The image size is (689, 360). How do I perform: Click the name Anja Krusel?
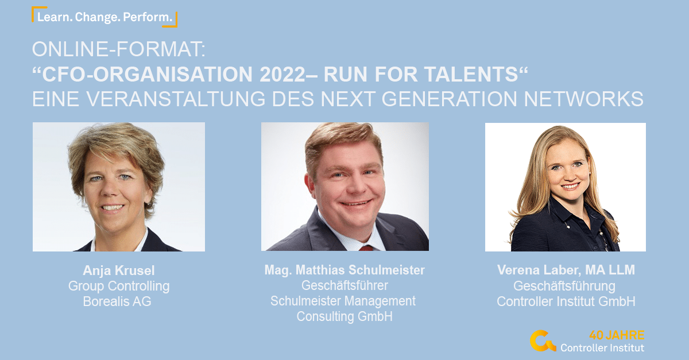tap(119, 271)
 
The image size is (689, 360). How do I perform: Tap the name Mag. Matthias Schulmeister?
tap(344, 270)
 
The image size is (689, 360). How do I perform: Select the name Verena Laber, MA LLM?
tap(566, 270)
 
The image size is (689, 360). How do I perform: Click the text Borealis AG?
tap(117, 301)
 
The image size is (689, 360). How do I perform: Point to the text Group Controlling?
tap(119, 287)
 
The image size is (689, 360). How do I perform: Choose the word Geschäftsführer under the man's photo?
tap(344, 285)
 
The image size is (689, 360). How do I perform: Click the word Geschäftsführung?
tap(564, 287)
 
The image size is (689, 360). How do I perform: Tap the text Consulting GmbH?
tap(344, 316)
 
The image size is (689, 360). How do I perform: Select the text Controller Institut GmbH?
tap(566, 301)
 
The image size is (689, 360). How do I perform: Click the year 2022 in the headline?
tap(282, 75)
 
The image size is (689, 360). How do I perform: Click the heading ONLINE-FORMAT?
tap(119, 49)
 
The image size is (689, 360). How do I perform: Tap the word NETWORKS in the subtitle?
tap(583, 99)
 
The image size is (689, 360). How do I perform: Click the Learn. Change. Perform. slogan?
tap(104, 17)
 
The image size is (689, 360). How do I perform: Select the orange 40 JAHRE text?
tap(617, 335)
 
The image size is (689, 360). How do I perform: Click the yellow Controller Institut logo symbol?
tap(543, 340)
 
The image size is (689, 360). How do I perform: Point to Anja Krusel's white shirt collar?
tap(143, 240)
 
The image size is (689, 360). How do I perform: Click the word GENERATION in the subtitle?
tap(449, 99)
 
